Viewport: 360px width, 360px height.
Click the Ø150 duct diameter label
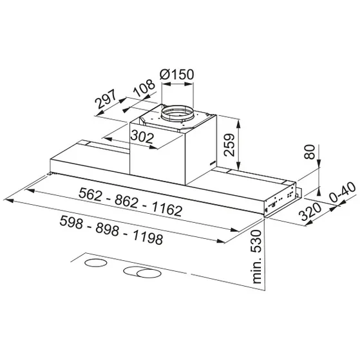pos(177,74)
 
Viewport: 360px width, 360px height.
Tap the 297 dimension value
pos(106,99)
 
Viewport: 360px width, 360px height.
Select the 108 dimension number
pos(145,88)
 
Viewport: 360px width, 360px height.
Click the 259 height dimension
pos(230,145)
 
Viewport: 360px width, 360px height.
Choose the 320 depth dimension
pos(310,211)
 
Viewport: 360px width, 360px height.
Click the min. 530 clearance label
pos(257,257)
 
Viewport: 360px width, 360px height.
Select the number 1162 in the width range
pos(167,209)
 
